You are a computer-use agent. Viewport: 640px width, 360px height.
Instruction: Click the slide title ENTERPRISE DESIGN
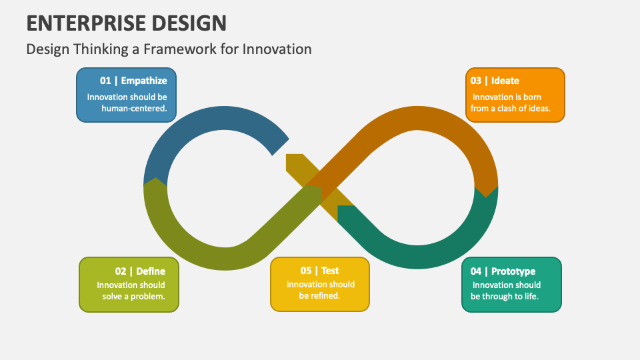click(x=127, y=23)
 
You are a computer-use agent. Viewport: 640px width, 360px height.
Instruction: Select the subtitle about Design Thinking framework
click(x=169, y=49)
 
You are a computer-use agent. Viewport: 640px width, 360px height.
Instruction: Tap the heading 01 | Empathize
click(x=133, y=81)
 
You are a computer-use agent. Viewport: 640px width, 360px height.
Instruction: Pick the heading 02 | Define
click(x=140, y=271)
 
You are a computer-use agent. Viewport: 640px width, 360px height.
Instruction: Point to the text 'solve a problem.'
click(x=133, y=296)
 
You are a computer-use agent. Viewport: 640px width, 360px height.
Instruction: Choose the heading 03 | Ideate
click(x=495, y=81)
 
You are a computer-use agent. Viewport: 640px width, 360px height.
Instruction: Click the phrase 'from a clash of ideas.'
click(x=511, y=109)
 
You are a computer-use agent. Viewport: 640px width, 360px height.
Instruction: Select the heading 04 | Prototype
click(x=503, y=271)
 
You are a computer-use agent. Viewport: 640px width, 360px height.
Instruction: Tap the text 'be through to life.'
click(x=505, y=297)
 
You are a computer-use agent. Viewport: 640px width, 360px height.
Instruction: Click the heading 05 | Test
click(x=319, y=271)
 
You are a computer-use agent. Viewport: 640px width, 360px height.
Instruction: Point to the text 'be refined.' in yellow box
click(x=320, y=296)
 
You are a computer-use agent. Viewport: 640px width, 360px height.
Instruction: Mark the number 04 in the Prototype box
click(x=476, y=271)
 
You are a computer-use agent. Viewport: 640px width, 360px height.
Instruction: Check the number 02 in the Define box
click(x=121, y=271)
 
